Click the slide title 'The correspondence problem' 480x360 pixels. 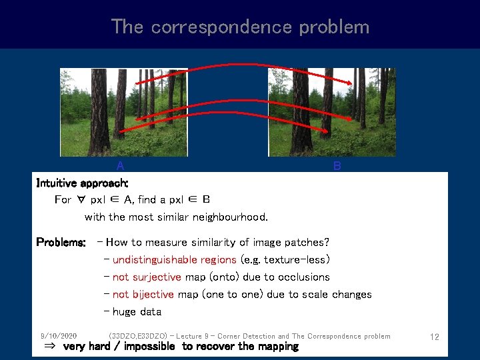(x=240, y=27)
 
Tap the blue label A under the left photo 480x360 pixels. (x=120, y=166)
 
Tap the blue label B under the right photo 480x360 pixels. (x=337, y=166)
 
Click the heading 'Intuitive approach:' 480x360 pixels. (x=82, y=183)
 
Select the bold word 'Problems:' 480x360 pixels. (x=61, y=243)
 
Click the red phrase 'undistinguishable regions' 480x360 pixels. (x=174, y=260)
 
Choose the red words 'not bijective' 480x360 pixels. (x=143, y=295)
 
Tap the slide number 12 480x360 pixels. (x=434, y=337)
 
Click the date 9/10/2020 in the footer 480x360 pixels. (x=58, y=336)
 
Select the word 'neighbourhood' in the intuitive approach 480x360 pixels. (x=231, y=217)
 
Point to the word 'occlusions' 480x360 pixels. (x=304, y=277)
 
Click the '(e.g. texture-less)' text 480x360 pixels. (x=285, y=260)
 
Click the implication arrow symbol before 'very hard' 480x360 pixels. (x=49, y=347)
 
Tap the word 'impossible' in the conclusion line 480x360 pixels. (x=149, y=347)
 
